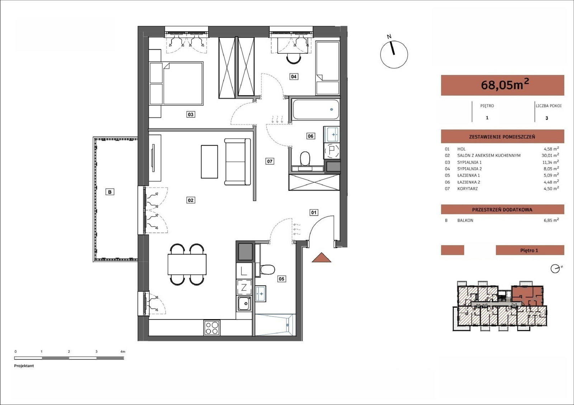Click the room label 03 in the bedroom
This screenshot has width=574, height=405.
click(190, 114)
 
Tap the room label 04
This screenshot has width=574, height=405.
click(294, 77)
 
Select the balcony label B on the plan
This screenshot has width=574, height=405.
click(110, 192)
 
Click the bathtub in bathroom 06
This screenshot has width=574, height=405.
click(316, 110)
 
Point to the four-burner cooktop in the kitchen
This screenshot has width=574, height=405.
click(212, 328)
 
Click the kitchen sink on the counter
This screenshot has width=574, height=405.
click(244, 304)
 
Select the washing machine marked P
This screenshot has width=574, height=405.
click(332, 151)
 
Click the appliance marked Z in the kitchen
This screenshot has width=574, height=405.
click(244, 288)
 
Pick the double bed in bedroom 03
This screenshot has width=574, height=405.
click(176, 83)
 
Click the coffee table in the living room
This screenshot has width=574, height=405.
click(210, 162)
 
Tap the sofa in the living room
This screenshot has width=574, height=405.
click(237, 162)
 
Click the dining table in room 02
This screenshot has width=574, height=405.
click(187, 264)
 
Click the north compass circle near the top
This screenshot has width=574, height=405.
click(394, 54)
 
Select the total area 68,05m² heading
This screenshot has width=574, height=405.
click(505, 85)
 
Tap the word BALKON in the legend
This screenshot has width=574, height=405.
click(465, 220)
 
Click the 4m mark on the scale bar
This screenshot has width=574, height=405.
click(123, 352)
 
